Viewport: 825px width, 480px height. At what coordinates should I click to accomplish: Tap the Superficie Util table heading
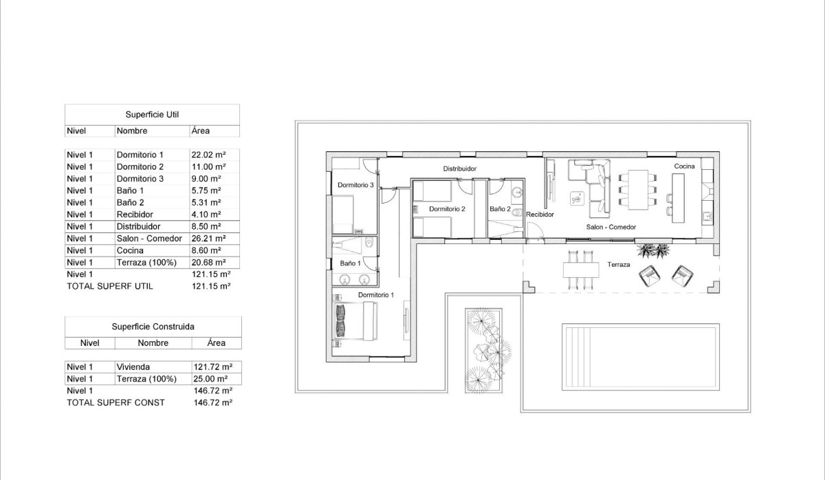pyautogui.click(x=152, y=115)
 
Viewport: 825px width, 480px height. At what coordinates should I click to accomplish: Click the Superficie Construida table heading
pyautogui.click(x=153, y=327)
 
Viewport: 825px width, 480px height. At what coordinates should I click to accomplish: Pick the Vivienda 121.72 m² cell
pyautogui.click(x=212, y=367)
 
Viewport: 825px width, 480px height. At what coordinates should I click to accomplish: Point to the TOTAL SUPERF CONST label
pyautogui.click(x=115, y=402)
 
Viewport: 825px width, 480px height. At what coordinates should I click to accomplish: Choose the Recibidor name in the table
pyautogui.click(x=134, y=215)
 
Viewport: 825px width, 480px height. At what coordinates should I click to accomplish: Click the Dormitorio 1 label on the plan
pyautogui.click(x=376, y=295)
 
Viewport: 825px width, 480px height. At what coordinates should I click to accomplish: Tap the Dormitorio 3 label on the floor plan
pyautogui.click(x=355, y=185)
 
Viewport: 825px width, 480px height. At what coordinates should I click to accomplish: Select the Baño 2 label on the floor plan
pyautogui.click(x=500, y=208)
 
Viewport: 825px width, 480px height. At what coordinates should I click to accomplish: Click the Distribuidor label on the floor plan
pyautogui.click(x=459, y=168)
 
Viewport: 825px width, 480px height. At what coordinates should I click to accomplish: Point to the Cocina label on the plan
pyautogui.click(x=684, y=166)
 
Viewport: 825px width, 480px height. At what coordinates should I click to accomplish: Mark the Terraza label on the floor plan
pyautogui.click(x=619, y=265)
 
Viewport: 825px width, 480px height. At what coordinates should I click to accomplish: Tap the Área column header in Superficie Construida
pyautogui.click(x=215, y=342)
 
